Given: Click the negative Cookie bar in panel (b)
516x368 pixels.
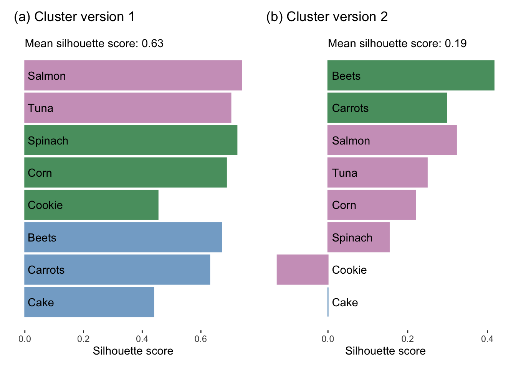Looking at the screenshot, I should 303,270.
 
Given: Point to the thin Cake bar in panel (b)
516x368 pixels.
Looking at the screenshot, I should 328,302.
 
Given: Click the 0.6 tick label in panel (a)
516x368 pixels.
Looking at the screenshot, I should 200,339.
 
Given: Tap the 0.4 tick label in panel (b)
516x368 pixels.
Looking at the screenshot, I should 487,339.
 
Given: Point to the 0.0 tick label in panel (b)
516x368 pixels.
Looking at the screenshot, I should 328,339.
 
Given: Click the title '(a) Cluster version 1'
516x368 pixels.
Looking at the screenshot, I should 74,17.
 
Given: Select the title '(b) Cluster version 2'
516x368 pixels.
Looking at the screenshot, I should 327,17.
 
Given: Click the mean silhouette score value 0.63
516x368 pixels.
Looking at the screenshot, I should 152,44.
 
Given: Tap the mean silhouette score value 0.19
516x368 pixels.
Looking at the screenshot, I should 456,44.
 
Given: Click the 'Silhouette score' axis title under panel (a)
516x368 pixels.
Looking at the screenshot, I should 133,351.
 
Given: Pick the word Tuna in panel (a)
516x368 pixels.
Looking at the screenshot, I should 41,108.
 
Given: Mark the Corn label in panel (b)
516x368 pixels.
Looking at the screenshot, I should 344,205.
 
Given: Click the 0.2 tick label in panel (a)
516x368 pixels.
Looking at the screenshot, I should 83,339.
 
